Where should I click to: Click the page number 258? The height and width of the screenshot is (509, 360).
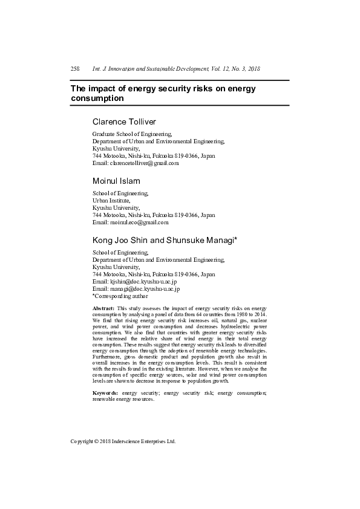point(76,69)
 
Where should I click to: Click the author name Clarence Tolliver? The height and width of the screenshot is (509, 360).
point(124,122)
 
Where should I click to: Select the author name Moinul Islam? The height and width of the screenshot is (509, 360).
point(116,181)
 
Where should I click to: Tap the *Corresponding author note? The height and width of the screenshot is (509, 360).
point(120,296)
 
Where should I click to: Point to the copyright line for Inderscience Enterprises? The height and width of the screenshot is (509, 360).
point(123,441)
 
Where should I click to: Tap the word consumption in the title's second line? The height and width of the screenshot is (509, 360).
point(97,98)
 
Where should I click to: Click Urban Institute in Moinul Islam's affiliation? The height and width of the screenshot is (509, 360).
point(111,200)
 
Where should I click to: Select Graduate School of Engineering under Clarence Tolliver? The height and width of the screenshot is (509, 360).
point(132,134)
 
